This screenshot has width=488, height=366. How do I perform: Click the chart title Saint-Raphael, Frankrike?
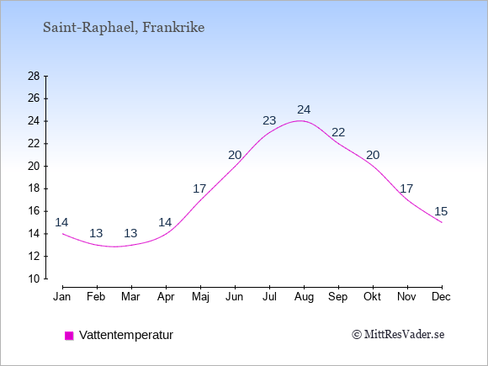(x=124, y=28)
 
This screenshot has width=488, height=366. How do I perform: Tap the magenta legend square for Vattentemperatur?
(x=69, y=336)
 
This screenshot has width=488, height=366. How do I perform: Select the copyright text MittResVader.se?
(x=398, y=335)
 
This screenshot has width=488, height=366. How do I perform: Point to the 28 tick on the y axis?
(x=45, y=76)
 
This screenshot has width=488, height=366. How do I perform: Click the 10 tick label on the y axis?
(x=34, y=278)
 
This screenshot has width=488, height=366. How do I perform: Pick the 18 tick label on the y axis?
(x=34, y=188)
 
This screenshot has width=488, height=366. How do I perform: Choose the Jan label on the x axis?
(x=62, y=297)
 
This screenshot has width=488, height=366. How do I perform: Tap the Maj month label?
(x=200, y=297)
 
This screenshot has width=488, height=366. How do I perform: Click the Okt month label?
(x=373, y=297)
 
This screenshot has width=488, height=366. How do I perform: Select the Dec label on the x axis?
(x=442, y=297)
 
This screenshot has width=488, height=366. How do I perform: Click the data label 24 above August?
(x=304, y=110)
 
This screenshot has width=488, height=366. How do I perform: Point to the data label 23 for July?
(x=269, y=120)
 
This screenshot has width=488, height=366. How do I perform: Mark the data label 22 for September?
(x=338, y=133)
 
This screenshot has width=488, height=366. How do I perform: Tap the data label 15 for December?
(x=441, y=212)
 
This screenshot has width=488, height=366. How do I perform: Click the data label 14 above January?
(x=61, y=222)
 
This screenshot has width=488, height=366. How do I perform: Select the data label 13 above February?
(x=96, y=233)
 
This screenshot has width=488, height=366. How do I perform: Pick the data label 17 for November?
(x=406, y=188)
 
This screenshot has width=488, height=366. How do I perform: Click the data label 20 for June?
(x=235, y=155)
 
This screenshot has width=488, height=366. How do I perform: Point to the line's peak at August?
(x=300, y=121)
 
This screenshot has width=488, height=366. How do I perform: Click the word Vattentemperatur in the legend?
(x=126, y=335)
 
